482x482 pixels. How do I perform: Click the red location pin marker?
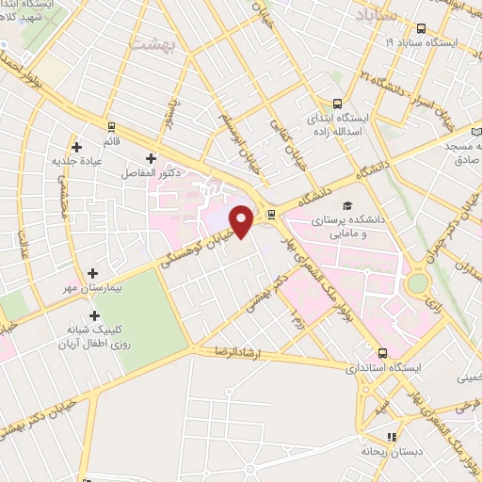point(242,220)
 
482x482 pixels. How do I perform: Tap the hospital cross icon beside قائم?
point(112,125)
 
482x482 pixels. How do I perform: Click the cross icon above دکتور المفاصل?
point(151,158)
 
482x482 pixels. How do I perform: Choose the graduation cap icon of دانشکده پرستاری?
point(346,205)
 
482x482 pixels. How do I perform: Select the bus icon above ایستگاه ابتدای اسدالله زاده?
point(338,104)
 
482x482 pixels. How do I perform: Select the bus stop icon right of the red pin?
point(271,213)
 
